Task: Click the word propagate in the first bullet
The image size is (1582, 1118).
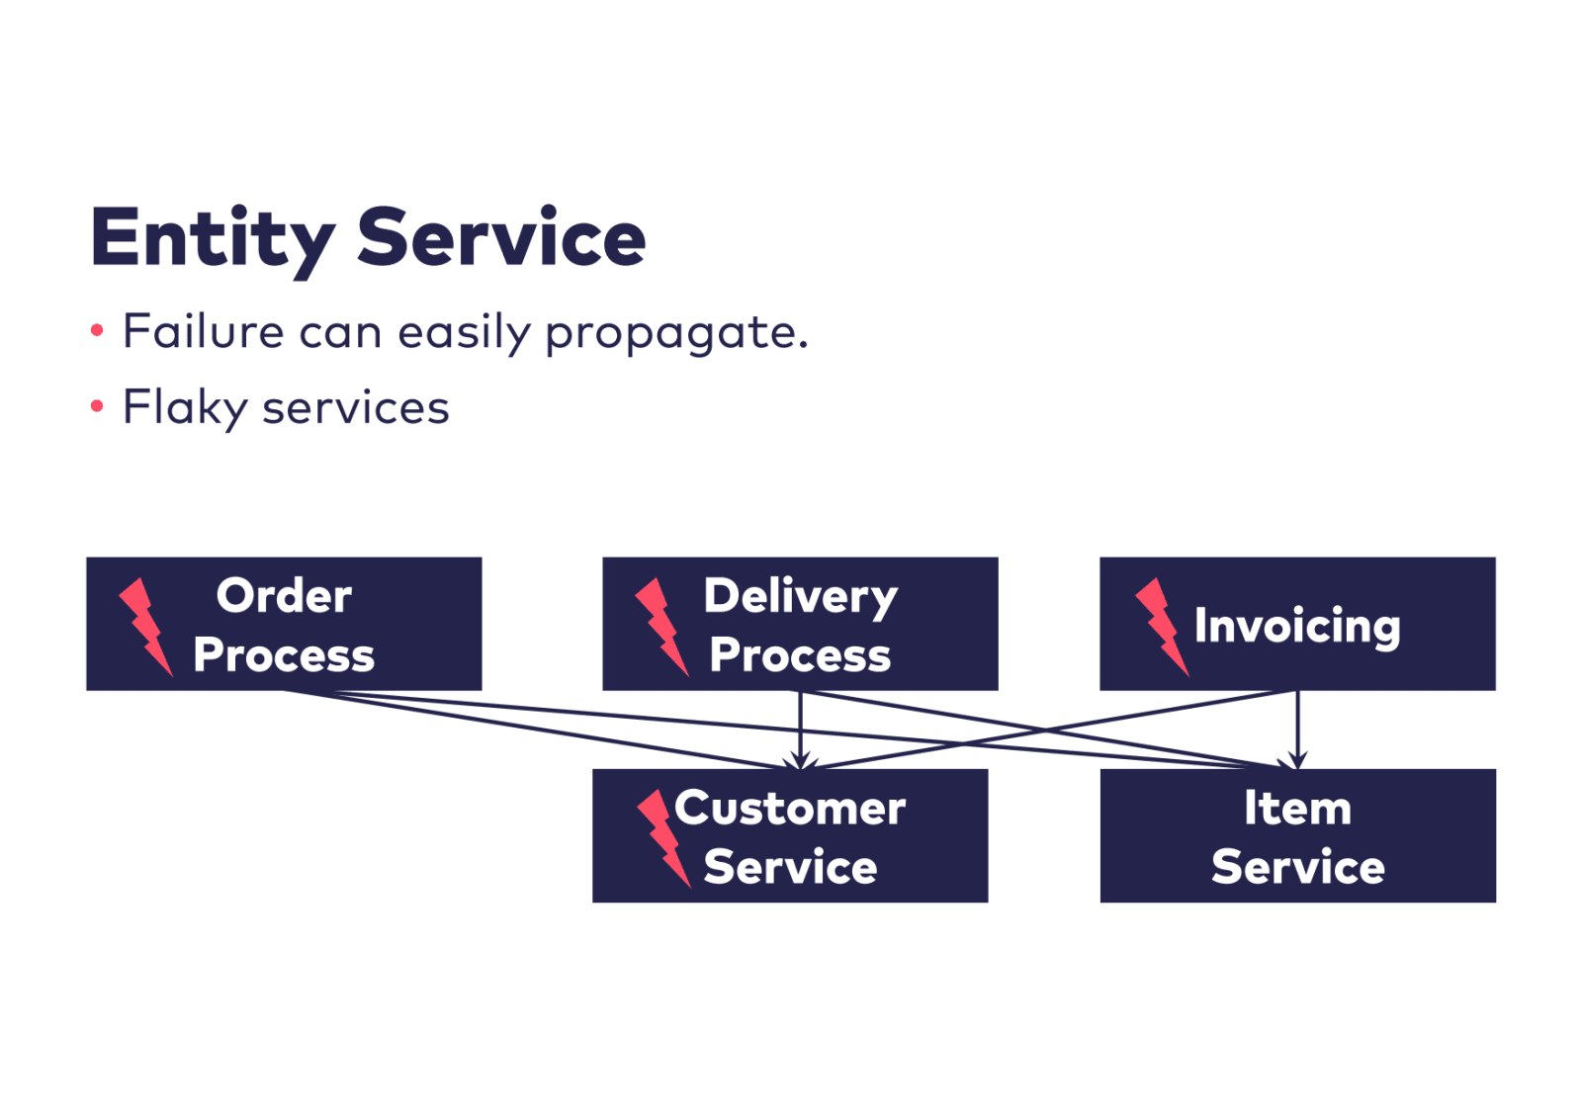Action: [675, 333]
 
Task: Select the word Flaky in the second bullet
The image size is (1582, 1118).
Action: [184, 407]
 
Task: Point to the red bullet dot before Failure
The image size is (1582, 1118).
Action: [97, 330]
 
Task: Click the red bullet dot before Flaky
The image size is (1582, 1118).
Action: [97, 406]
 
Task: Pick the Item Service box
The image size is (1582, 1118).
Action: [1297, 836]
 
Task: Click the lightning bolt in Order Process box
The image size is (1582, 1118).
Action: [145, 627]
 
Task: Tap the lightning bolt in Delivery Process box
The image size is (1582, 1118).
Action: [661, 627]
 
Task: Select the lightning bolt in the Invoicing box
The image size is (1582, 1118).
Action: [1162, 627]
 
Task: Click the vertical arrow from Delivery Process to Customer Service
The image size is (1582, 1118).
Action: [800, 730]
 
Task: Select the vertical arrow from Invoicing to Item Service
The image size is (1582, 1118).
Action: [1297, 730]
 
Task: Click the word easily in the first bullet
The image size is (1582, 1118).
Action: [464, 333]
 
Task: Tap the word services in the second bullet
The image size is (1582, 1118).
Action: [355, 407]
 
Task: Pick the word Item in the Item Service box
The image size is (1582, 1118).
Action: [1297, 808]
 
